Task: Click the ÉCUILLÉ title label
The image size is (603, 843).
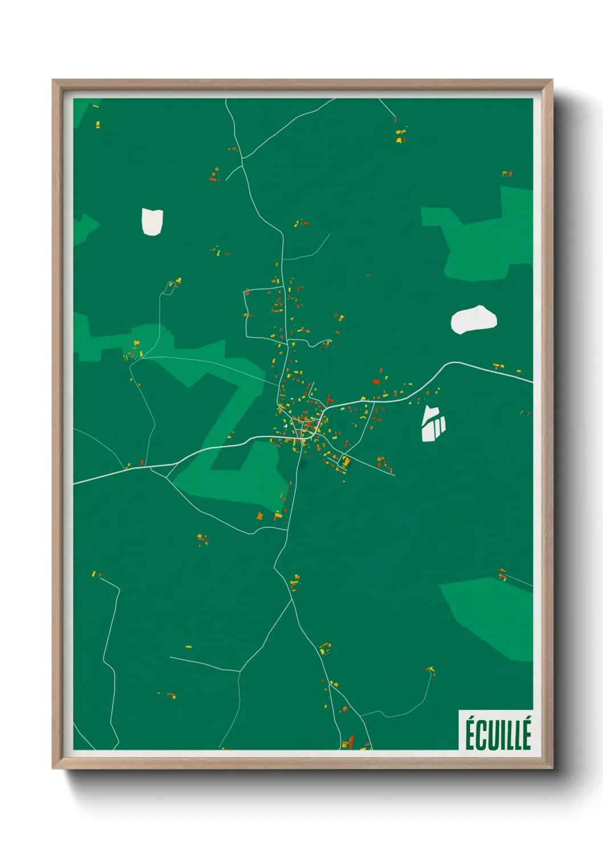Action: click(x=498, y=734)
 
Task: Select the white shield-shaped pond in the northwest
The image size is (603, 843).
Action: click(x=152, y=222)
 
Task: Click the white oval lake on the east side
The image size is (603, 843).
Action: click(x=473, y=320)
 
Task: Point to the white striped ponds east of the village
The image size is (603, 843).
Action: click(x=433, y=424)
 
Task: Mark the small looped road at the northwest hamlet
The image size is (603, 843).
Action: click(x=169, y=288)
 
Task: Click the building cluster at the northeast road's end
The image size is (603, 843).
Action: click(x=401, y=134)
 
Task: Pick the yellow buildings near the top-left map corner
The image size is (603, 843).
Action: click(x=97, y=123)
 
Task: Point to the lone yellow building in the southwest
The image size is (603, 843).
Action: click(x=189, y=646)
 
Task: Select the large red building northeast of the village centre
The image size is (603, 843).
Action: click(x=376, y=381)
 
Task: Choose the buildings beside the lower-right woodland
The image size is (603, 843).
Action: click(x=502, y=574)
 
